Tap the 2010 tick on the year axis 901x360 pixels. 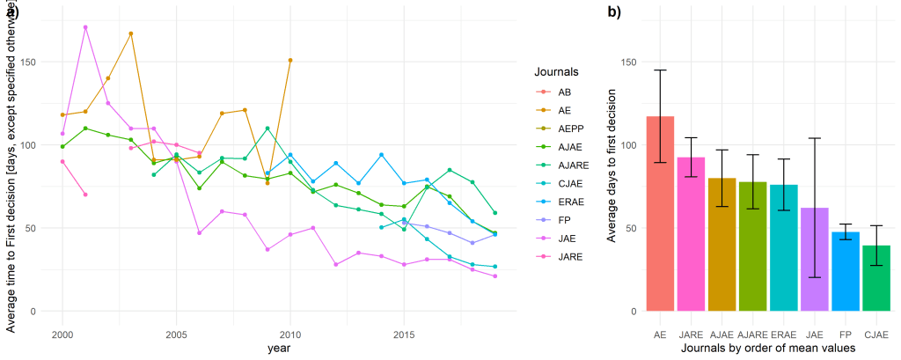[290, 336]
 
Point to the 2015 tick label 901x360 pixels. [404, 336]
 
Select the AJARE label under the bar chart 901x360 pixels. [752, 335]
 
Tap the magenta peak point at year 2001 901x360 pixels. [85, 27]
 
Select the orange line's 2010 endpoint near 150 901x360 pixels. [290, 61]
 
